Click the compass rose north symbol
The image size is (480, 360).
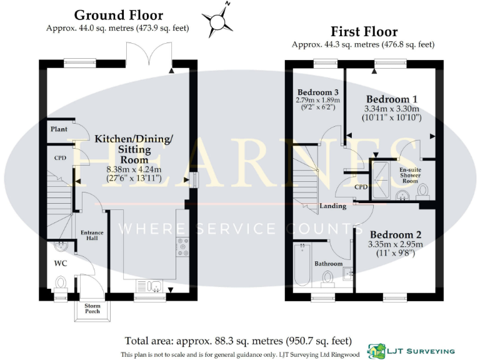coord(217,20)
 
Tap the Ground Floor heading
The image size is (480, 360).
coord(118,15)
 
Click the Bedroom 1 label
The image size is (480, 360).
coord(392,99)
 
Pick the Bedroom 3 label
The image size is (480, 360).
coord(317,91)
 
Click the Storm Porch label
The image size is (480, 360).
coord(92,309)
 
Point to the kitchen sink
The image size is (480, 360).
coord(150,287)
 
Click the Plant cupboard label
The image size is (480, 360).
coord(59,129)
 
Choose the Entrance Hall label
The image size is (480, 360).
coord(92,236)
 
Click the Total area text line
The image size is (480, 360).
coord(238,341)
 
